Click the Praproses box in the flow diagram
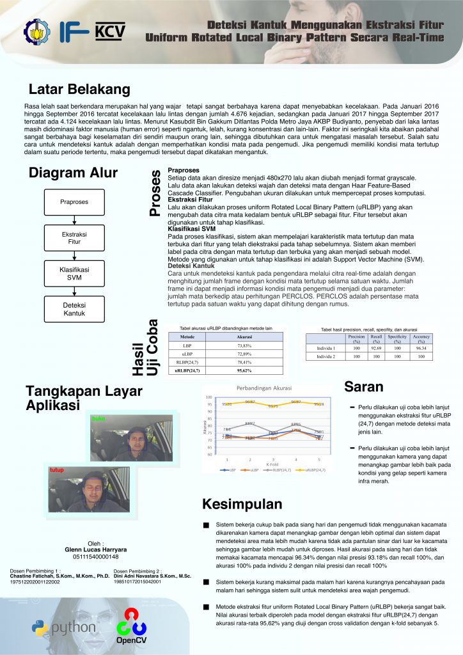tap(74, 202)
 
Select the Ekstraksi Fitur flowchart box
tap(74, 238)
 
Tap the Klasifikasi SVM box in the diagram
tap(74, 274)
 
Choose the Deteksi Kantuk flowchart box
tap(74, 310)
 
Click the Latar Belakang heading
tap(79, 89)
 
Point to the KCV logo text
tap(110, 31)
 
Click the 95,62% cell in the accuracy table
tap(244, 370)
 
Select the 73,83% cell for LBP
tap(244, 345)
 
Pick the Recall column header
tap(376, 338)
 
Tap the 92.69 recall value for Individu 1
tap(376, 348)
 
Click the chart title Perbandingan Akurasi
tap(264, 388)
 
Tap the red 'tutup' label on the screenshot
tap(58, 470)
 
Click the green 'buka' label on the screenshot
tap(98, 418)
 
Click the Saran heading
tap(364, 386)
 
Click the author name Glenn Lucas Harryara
tap(96, 549)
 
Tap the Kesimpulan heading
tap(242, 503)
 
